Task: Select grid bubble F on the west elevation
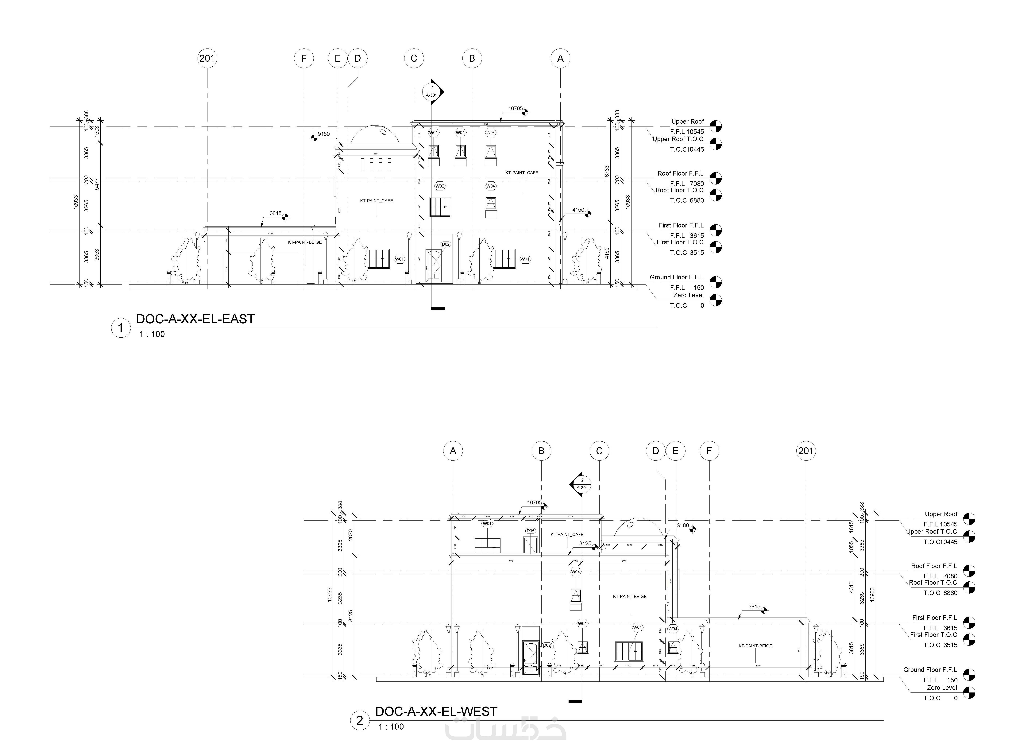pos(709,451)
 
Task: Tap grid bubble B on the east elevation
pos(472,59)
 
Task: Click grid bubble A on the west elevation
pos(453,451)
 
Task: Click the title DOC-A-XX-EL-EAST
pos(195,319)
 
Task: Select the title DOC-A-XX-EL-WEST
pos(436,712)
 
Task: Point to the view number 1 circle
pos(121,328)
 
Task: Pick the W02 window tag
pos(440,186)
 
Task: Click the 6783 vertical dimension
pos(607,172)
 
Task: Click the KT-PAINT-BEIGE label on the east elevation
pos(305,242)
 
